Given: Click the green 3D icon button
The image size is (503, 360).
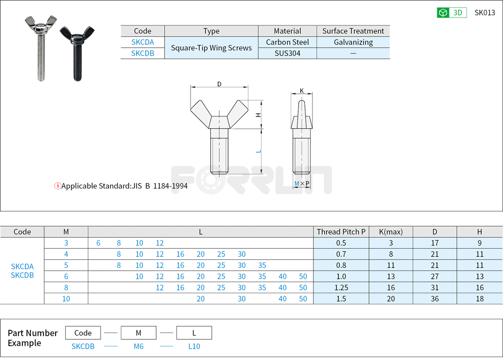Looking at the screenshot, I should (451, 13).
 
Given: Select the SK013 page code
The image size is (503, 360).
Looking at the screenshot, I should (484, 13).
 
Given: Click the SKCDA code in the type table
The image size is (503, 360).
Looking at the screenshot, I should (142, 42).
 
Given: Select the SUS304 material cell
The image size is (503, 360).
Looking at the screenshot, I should (288, 53).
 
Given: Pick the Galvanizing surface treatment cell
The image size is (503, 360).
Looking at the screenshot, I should (353, 42).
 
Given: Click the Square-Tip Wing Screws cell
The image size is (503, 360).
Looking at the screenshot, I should (211, 48).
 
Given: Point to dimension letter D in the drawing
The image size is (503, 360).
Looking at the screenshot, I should (219, 84).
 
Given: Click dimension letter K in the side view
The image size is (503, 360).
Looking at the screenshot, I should (302, 91).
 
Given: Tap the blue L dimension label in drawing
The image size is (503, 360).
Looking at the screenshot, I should (258, 151).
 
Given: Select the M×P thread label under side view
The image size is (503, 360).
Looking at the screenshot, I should (302, 184).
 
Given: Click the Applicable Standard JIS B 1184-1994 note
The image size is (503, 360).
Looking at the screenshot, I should (121, 186).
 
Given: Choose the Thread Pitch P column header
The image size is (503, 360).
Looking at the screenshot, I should (341, 231).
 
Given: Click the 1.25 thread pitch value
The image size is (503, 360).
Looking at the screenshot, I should (341, 287).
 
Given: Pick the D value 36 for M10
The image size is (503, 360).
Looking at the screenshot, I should (435, 299).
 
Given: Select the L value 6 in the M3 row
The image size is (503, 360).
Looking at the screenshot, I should (98, 243).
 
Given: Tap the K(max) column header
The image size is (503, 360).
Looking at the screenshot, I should (390, 231).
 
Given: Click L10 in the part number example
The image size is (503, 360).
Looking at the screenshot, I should (194, 346).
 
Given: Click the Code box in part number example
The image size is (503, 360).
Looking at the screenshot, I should (83, 333).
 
